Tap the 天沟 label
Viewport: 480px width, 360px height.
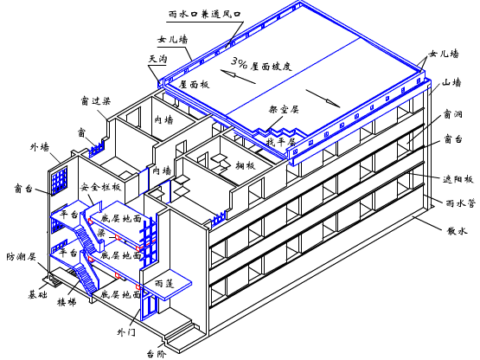coord(158,58)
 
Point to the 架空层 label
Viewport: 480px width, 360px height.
coord(285,111)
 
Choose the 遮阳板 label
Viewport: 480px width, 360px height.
coord(458,180)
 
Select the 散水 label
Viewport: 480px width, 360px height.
coord(457,231)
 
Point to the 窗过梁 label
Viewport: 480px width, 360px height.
coord(95,100)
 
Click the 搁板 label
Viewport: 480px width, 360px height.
coord(245,164)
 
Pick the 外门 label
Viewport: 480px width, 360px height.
coord(126,331)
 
